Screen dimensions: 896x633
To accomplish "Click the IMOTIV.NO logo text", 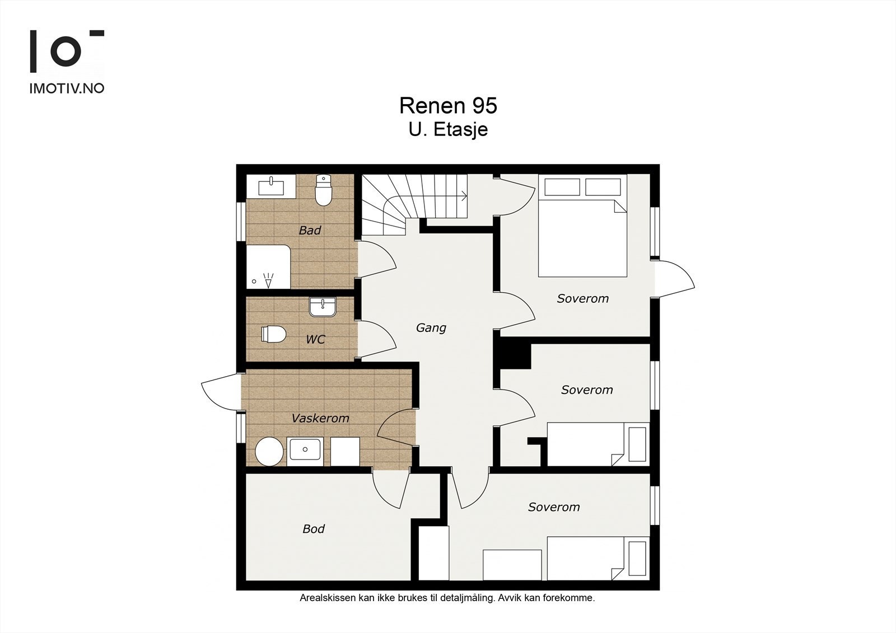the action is pyautogui.click(x=67, y=88).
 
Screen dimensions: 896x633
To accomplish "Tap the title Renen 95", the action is pyautogui.click(x=448, y=106).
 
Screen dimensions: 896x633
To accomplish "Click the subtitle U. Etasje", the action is pyautogui.click(x=448, y=129).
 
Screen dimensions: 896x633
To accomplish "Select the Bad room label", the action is pyautogui.click(x=310, y=231).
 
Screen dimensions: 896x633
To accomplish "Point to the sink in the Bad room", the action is pyautogui.click(x=271, y=187).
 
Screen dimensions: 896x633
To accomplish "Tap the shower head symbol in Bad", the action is pyautogui.click(x=269, y=280).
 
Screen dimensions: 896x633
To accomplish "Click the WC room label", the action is pyautogui.click(x=316, y=340).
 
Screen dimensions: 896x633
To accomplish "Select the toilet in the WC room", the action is pyautogui.click(x=274, y=334).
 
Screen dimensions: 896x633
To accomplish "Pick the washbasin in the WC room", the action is pyautogui.click(x=323, y=307).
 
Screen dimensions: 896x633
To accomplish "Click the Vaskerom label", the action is pyautogui.click(x=320, y=418).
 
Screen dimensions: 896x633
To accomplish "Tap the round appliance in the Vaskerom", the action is pyautogui.click(x=269, y=452).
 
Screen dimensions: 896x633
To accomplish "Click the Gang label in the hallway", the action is pyautogui.click(x=431, y=328).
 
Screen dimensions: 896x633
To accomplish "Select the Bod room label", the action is pyautogui.click(x=314, y=529).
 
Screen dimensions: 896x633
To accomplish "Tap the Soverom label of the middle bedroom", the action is pyautogui.click(x=587, y=390).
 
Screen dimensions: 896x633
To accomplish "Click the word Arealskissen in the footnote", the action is pyautogui.click(x=328, y=598).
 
